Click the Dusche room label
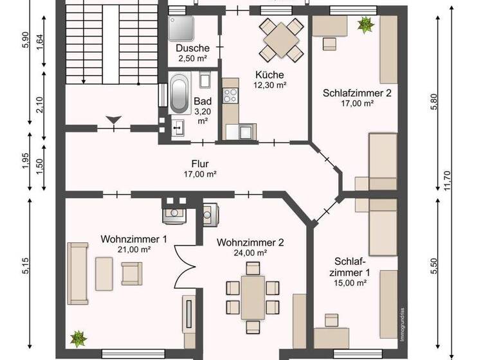point(192,48)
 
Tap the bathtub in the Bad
point(179,94)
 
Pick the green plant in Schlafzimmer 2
point(366,25)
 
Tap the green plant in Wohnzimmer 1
point(78,337)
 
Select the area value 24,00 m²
point(250,253)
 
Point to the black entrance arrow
point(113,119)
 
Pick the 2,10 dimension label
point(41,105)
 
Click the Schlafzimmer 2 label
point(357,93)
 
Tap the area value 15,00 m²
point(350,282)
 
